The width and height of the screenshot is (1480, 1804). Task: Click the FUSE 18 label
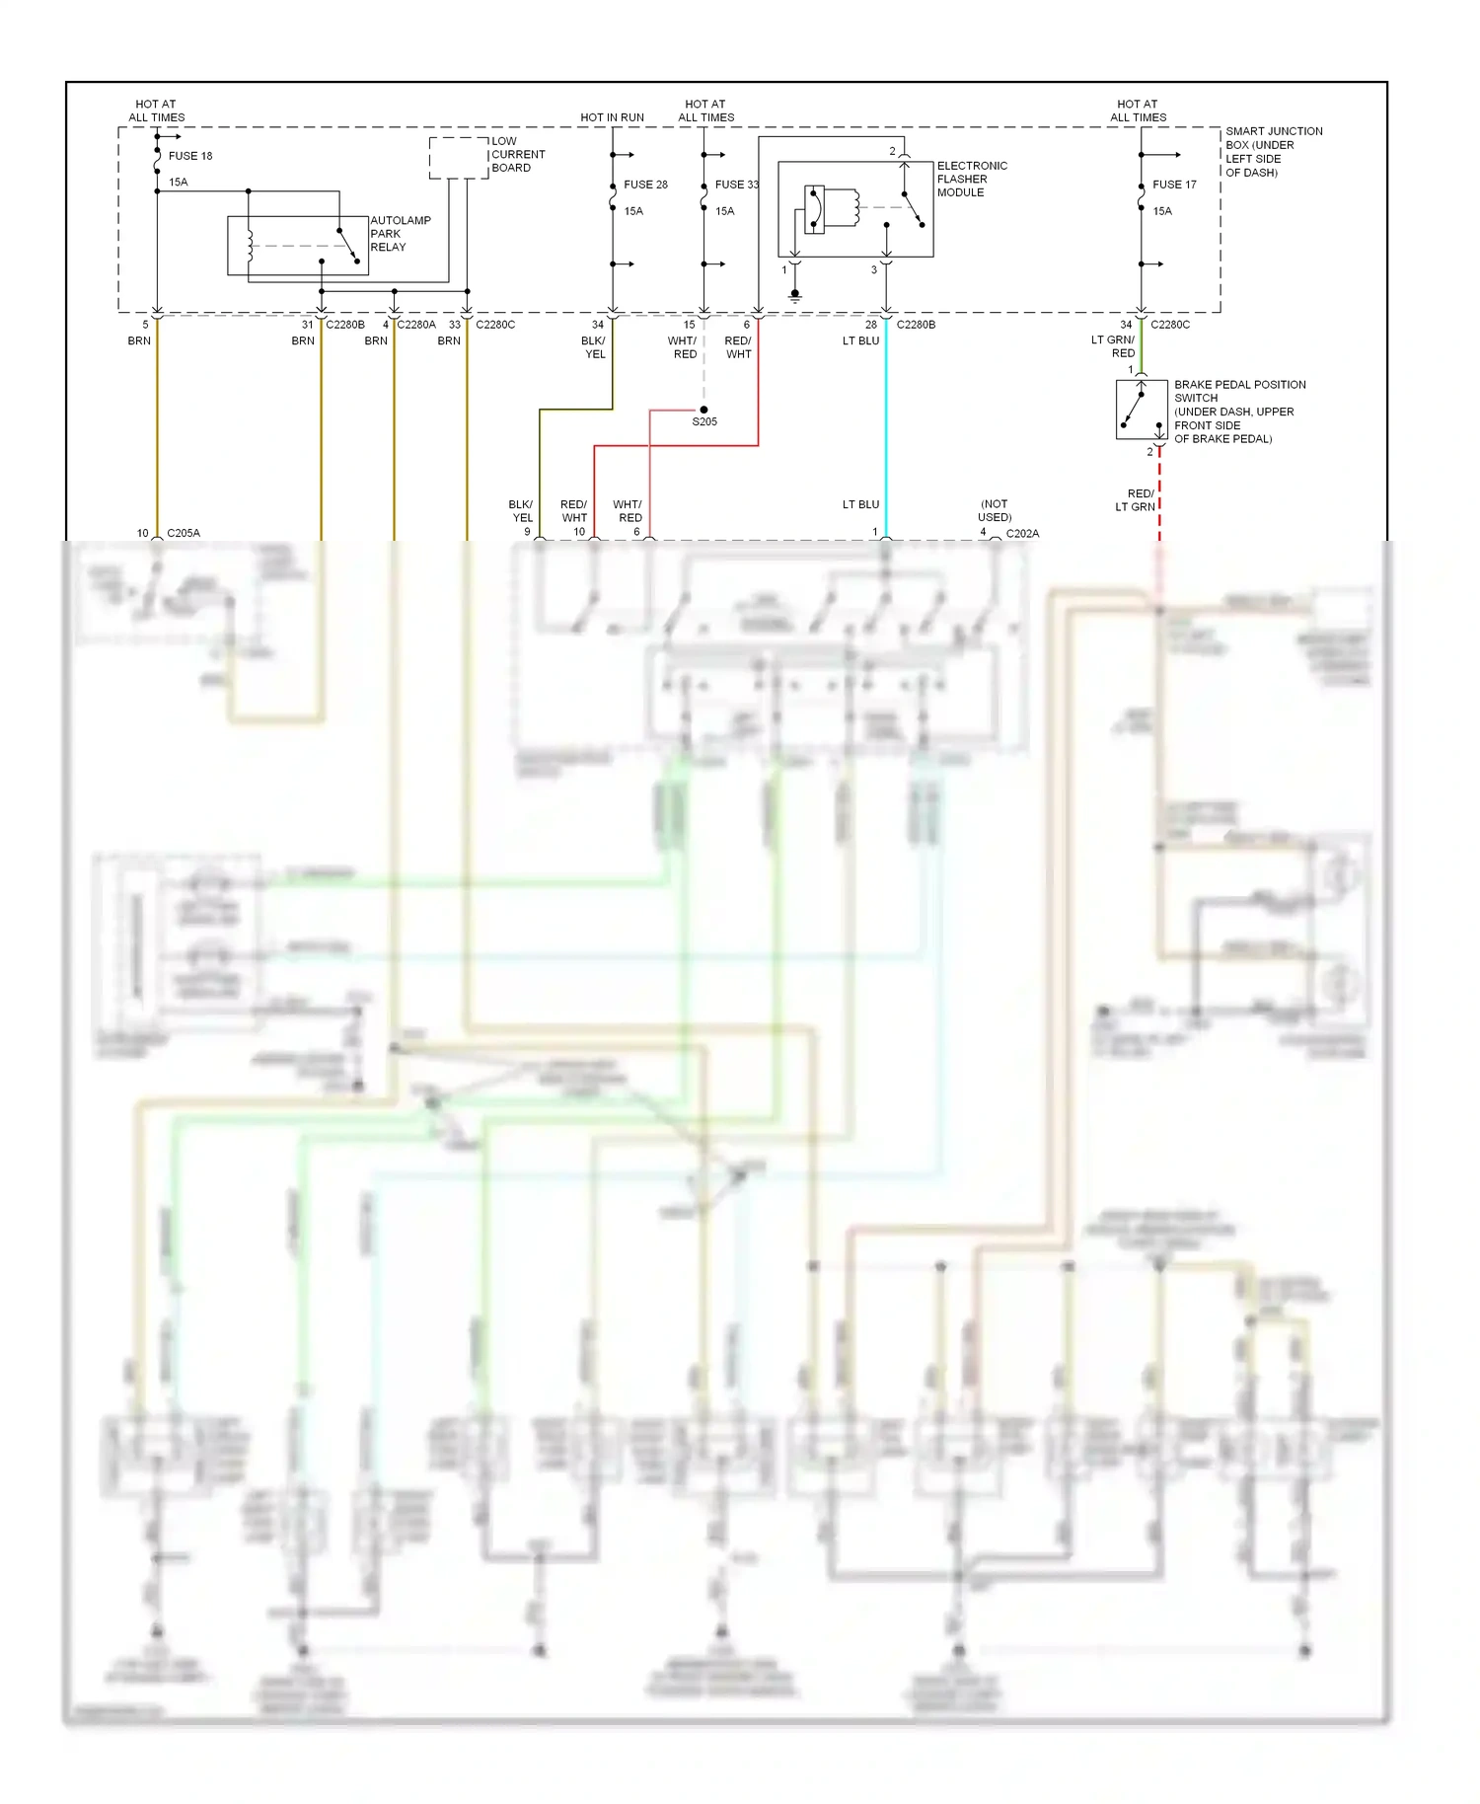pyautogui.click(x=189, y=156)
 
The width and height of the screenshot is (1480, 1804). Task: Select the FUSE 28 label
pyautogui.click(x=645, y=185)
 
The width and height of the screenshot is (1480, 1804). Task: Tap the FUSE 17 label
pyautogui.click(x=1174, y=185)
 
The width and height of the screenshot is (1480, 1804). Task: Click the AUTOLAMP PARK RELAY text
pyautogui.click(x=400, y=234)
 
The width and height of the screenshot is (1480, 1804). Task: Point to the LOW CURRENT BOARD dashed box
pyautogui.click(x=458, y=158)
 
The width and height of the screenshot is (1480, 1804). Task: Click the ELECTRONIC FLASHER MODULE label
pyautogui.click(x=971, y=179)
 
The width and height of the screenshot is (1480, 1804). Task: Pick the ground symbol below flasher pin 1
pyautogui.click(x=795, y=294)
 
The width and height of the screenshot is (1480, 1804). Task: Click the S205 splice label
pyautogui.click(x=704, y=422)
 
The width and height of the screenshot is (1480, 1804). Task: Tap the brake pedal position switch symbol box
pyautogui.click(x=1142, y=410)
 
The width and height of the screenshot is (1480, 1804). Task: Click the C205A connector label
pyautogui.click(x=184, y=533)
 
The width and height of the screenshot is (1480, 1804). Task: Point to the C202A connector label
pyautogui.click(x=1022, y=533)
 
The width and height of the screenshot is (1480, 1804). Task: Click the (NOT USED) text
pyautogui.click(x=995, y=510)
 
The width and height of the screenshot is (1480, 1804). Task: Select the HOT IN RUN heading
pyautogui.click(x=612, y=117)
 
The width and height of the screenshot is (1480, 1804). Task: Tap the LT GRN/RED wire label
pyautogui.click(x=1113, y=346)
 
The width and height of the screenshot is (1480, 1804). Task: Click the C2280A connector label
pyautogui.click(x=415, y=325)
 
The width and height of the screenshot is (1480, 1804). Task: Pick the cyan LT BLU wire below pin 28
pyautogui.click(x=886, y=424)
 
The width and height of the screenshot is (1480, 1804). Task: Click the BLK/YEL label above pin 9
pyautogui.click(x=521, y=510)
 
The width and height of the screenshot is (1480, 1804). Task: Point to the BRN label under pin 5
pyautogui.click(x=139, y=340)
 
